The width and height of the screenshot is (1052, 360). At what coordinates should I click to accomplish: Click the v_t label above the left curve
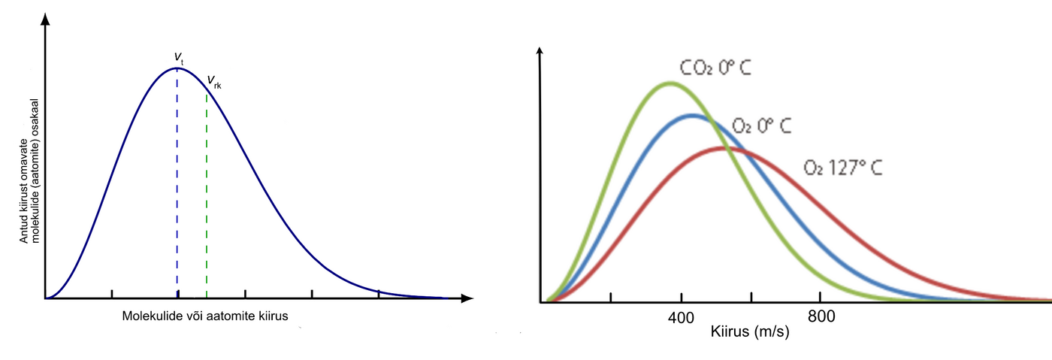coord(179,57)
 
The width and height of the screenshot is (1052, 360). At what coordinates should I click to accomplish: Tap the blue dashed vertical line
coord(177,188)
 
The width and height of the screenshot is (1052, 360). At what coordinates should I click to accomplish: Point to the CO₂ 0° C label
coord(715,68)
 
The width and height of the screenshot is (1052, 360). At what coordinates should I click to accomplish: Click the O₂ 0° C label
coord(761,126)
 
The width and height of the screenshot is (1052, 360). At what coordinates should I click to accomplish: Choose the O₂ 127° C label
coord(842,167)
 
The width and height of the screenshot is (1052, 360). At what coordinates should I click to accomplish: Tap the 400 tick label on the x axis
coord(681,316)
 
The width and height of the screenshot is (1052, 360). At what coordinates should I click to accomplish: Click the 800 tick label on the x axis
coord(821,316)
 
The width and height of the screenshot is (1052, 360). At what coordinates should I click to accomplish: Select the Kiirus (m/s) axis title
coord(749,331)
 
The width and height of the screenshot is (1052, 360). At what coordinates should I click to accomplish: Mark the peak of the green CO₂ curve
coord(669,83)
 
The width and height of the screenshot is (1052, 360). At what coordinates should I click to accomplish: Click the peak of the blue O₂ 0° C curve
coord(693,116)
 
